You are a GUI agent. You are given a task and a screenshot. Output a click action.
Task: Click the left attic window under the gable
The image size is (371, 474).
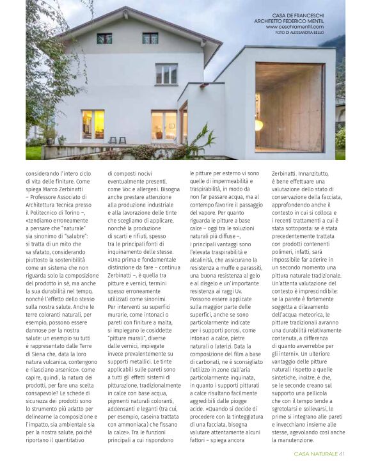pyautogui.click(x=104, y=38)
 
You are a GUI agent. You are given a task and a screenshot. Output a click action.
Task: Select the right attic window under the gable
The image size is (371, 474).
pyautogui.click(x=150, y=38)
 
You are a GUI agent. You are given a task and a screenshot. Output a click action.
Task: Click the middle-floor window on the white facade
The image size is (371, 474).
pyautogui.click(x=166, y=74)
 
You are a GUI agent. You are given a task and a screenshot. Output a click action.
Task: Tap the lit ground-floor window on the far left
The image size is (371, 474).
pyautogui.click(x=92, y=124)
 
